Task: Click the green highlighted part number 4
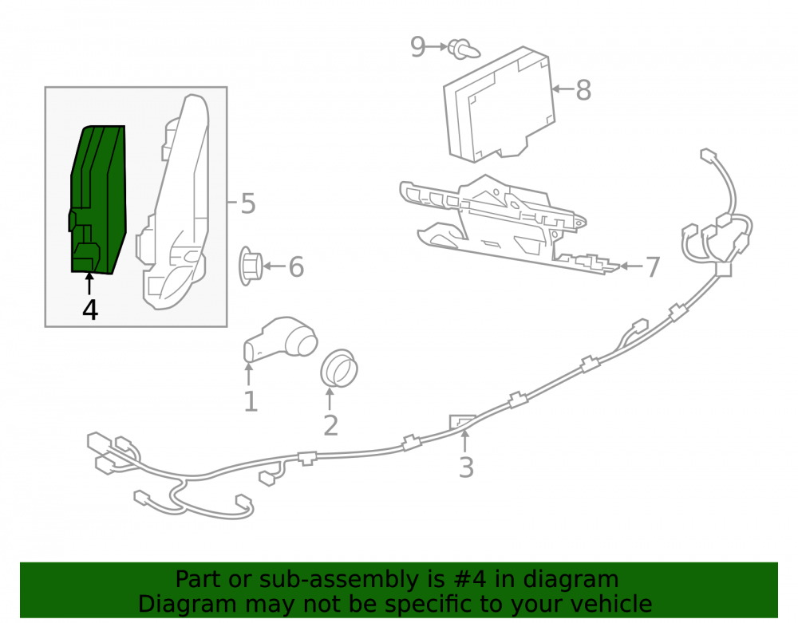coord(97,199)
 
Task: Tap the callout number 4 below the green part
coord(90,310)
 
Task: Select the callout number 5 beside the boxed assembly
coord(248,203)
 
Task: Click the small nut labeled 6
coord(251,266)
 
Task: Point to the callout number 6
coord(296,266)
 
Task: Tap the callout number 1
coord(250,401)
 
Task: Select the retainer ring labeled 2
coord(339,369)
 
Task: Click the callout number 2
coord(331,425)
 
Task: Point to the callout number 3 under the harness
coord(466,467)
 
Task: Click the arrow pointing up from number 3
coord(464,441)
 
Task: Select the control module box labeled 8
coord(499,104)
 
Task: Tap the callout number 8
coord(583,90)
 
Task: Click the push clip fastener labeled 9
coord(464,49)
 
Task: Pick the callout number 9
coord(418,47)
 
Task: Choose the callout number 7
coord(653,266)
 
